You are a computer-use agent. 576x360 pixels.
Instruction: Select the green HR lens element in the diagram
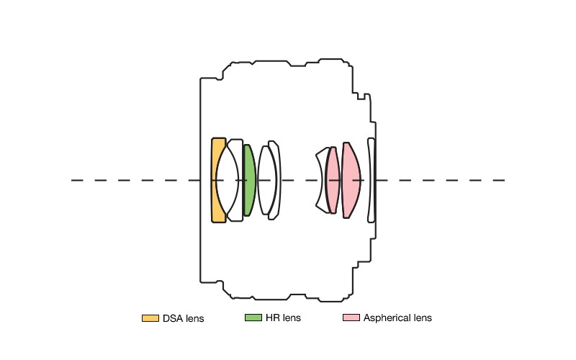(249, 180)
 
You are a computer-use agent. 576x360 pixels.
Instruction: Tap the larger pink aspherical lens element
(351, 180)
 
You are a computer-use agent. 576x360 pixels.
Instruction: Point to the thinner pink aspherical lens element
(332, 180)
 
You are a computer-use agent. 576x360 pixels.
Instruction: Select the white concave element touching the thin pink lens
(322, 180)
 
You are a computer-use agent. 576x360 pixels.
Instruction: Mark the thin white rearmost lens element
(371, 180)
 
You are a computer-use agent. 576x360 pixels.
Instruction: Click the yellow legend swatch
(150, 318)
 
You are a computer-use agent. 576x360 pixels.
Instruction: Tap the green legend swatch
(253, 318)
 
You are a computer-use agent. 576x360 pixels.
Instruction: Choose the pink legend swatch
(351, 318)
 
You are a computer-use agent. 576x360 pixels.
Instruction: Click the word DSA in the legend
(173, 318)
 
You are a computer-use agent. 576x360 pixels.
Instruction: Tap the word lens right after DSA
(194, 318)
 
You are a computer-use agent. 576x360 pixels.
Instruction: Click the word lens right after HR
(292, 318)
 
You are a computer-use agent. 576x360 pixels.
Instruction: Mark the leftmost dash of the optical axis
(77, 180)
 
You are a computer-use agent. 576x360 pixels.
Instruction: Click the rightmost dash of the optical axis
(498, 180)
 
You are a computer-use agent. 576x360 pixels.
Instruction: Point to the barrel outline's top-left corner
(201, 78)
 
